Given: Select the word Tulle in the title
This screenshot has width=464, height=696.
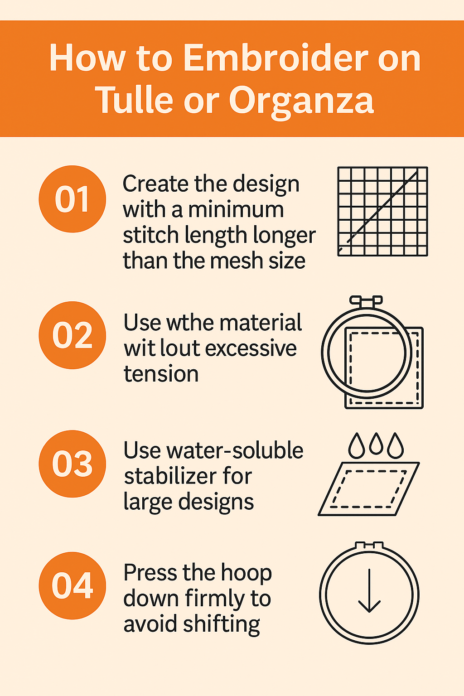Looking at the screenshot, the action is point(134,99).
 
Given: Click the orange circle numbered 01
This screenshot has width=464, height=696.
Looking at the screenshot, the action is point(72,199).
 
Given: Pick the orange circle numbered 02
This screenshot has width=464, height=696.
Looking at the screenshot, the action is point(72,335).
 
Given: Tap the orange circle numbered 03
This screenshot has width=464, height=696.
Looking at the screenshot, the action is point(72,464).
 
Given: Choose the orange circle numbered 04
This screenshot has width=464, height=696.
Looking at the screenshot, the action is point(72,586).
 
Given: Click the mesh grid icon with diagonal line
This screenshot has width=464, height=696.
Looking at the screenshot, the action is point(382,212).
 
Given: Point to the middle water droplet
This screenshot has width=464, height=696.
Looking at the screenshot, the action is point(376,444).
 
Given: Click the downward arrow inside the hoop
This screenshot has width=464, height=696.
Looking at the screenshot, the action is point(369,590).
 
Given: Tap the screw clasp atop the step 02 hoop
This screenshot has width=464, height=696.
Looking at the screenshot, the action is point(366,300).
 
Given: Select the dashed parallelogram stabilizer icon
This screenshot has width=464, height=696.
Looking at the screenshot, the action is point(368,489).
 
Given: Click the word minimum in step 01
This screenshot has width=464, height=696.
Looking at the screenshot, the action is point(236,210).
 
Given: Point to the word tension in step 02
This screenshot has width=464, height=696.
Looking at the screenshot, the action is point(161,374).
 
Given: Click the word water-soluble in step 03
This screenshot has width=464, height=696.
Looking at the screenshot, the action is point(235,450).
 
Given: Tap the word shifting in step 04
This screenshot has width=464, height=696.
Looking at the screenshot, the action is point(221,624).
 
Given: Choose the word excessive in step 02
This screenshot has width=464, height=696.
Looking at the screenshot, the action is point(251,348).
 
